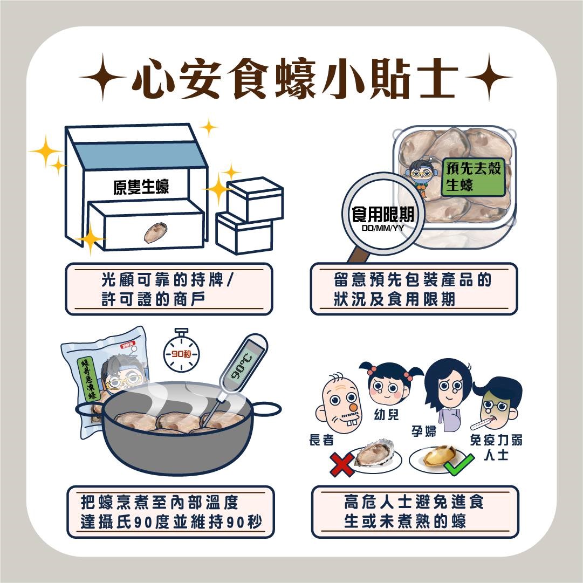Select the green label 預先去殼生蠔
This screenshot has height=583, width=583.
pos(474,176)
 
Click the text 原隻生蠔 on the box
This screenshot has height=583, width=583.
pos(141,186)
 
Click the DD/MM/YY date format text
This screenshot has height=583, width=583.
pos(382,228)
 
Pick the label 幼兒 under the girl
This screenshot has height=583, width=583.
pos(386,414)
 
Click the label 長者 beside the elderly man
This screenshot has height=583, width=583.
pos(321,440)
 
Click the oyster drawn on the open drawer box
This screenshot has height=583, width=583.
pos(155,232)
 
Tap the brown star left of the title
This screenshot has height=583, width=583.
pos(102,77)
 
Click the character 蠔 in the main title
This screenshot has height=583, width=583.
pos(295,78)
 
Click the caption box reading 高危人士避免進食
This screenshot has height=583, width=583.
pos(415,512)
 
